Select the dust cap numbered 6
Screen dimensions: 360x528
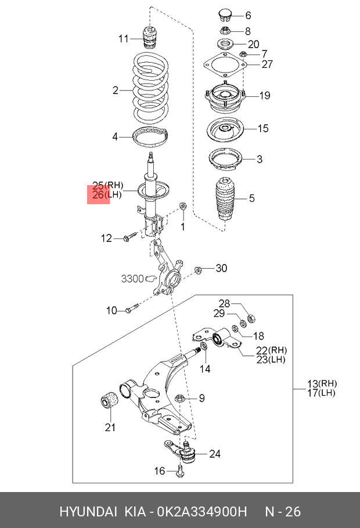pos(224,15)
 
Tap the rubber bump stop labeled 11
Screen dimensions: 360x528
pos(149,38)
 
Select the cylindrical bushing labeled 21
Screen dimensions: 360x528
pos(110,399)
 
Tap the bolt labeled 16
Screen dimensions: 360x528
pos(181,471)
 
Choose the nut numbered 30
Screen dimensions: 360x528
pos(198,270)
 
